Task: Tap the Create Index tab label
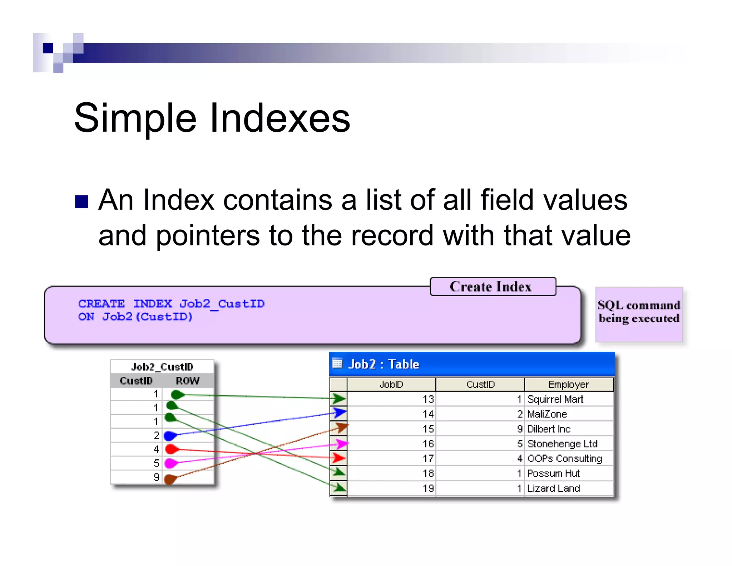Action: (490, 287)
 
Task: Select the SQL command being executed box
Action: (639, 314)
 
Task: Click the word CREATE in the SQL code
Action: (102, 304)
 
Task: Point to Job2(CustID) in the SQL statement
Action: (147, 317)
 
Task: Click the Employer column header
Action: (568, 385)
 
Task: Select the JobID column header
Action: (391, 385)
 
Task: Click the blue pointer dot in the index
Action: (170, 436)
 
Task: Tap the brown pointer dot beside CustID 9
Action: (170, 479)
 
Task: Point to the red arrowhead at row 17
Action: (339, 458)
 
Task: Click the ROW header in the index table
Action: (187, 381)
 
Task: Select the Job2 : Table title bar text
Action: (383, 364)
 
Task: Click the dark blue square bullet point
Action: (81, 202)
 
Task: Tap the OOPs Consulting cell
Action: (564, 459)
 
